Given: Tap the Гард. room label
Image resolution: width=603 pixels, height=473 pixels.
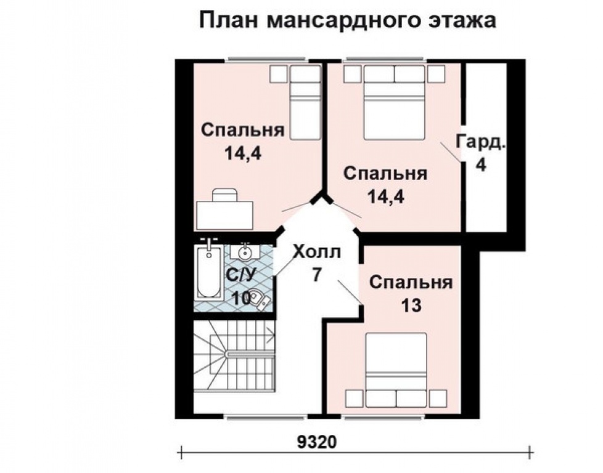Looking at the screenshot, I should coord(481,142).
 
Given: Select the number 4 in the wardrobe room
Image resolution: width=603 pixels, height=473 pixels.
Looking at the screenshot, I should coord(481,165).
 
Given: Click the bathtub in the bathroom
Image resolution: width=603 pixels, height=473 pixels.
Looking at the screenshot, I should coord(210,278).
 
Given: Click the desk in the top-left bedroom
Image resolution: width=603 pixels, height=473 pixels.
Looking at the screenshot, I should coord(225,213).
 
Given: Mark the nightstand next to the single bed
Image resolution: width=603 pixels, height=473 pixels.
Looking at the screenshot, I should coord(278,74).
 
